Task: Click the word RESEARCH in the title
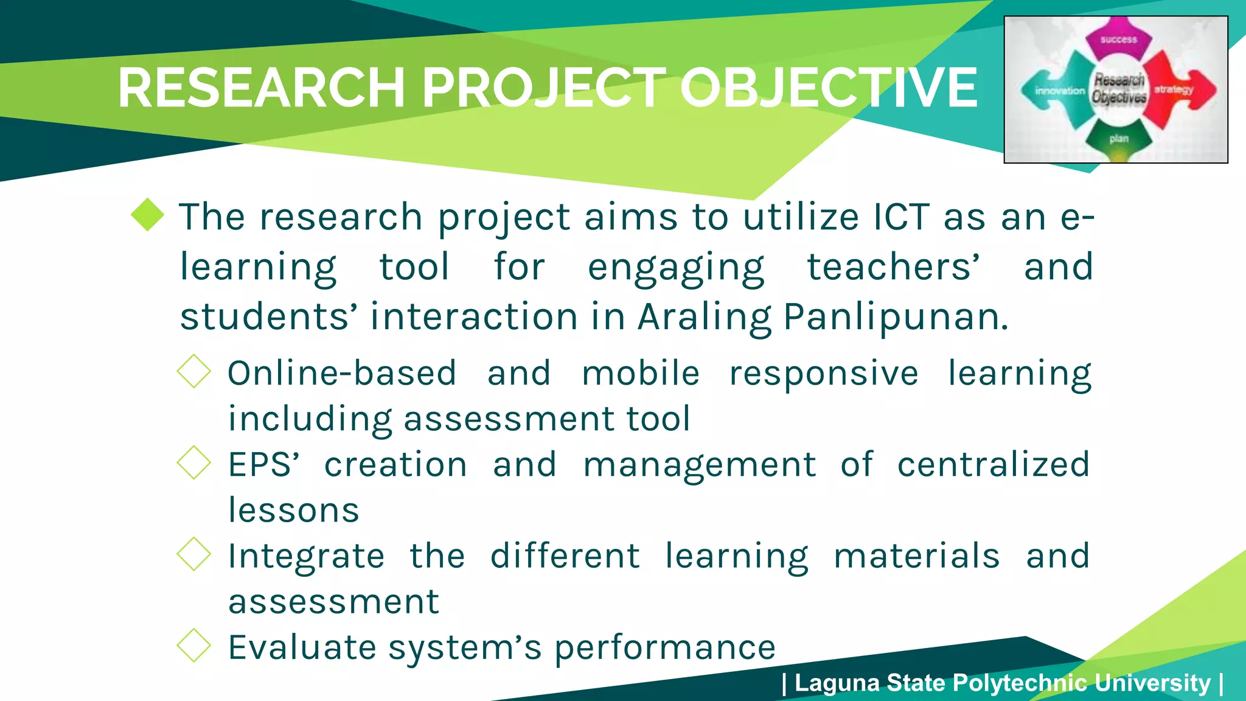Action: (x=262, y=88)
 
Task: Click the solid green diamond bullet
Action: (x=148, y=215)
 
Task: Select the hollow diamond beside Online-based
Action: (x=194, y=371)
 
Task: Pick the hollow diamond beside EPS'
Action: (x=194, y=462)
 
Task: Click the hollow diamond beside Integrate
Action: (x=194, y=554)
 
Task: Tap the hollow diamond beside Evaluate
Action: (x=194, y=645)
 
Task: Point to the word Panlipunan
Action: (x=896, y=318)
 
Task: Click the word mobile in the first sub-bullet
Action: (x=641, y=373)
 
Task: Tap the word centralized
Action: (x=993, y=464)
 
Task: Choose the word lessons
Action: (x=294, y=510)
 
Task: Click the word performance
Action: (x=664, y=647)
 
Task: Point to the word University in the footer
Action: (x=1152, y=683)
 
